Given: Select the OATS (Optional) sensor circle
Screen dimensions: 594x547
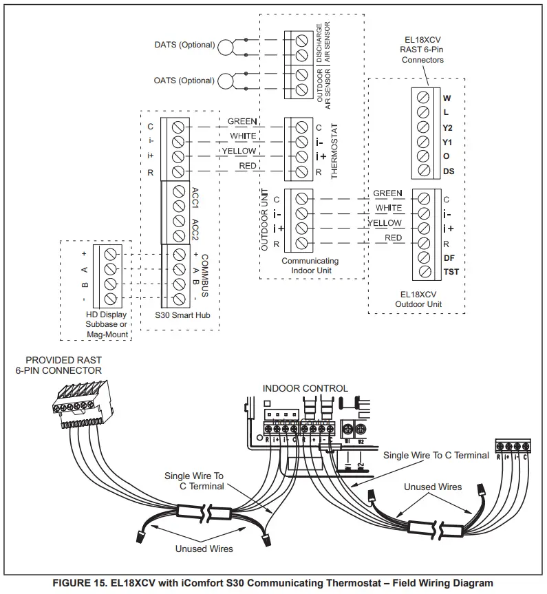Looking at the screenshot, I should pyautogui.click(x=225, y=81).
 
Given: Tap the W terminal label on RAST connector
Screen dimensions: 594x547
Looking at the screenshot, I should pyautogui.click(x=447, y=98).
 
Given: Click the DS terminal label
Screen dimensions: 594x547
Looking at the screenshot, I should pyautogui.click(x=448, y=171).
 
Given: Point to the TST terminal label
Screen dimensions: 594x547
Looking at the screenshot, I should pyautogui.click(x=451, y=272).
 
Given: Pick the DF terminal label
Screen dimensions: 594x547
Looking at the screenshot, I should pyautogui.click(x=448, y=257).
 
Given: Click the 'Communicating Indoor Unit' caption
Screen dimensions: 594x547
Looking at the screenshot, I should pyautogui.click(x=310, y=266).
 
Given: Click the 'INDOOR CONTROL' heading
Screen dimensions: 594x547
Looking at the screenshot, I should pyautogui.click(x=305, y=389).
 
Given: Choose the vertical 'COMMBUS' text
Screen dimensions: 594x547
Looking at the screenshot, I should pyautogui.click(x=204, y=275).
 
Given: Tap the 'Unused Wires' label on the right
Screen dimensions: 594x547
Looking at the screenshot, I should pyautogui.click(x=432, y=487).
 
